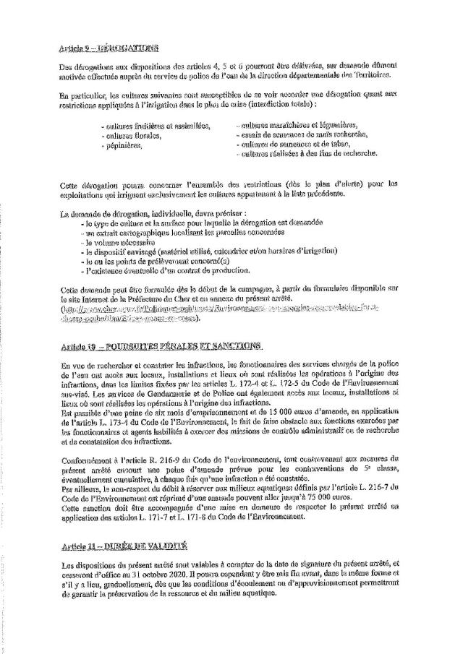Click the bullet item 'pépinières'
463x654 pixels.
(124, 145)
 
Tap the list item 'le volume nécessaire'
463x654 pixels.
(114, 244)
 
